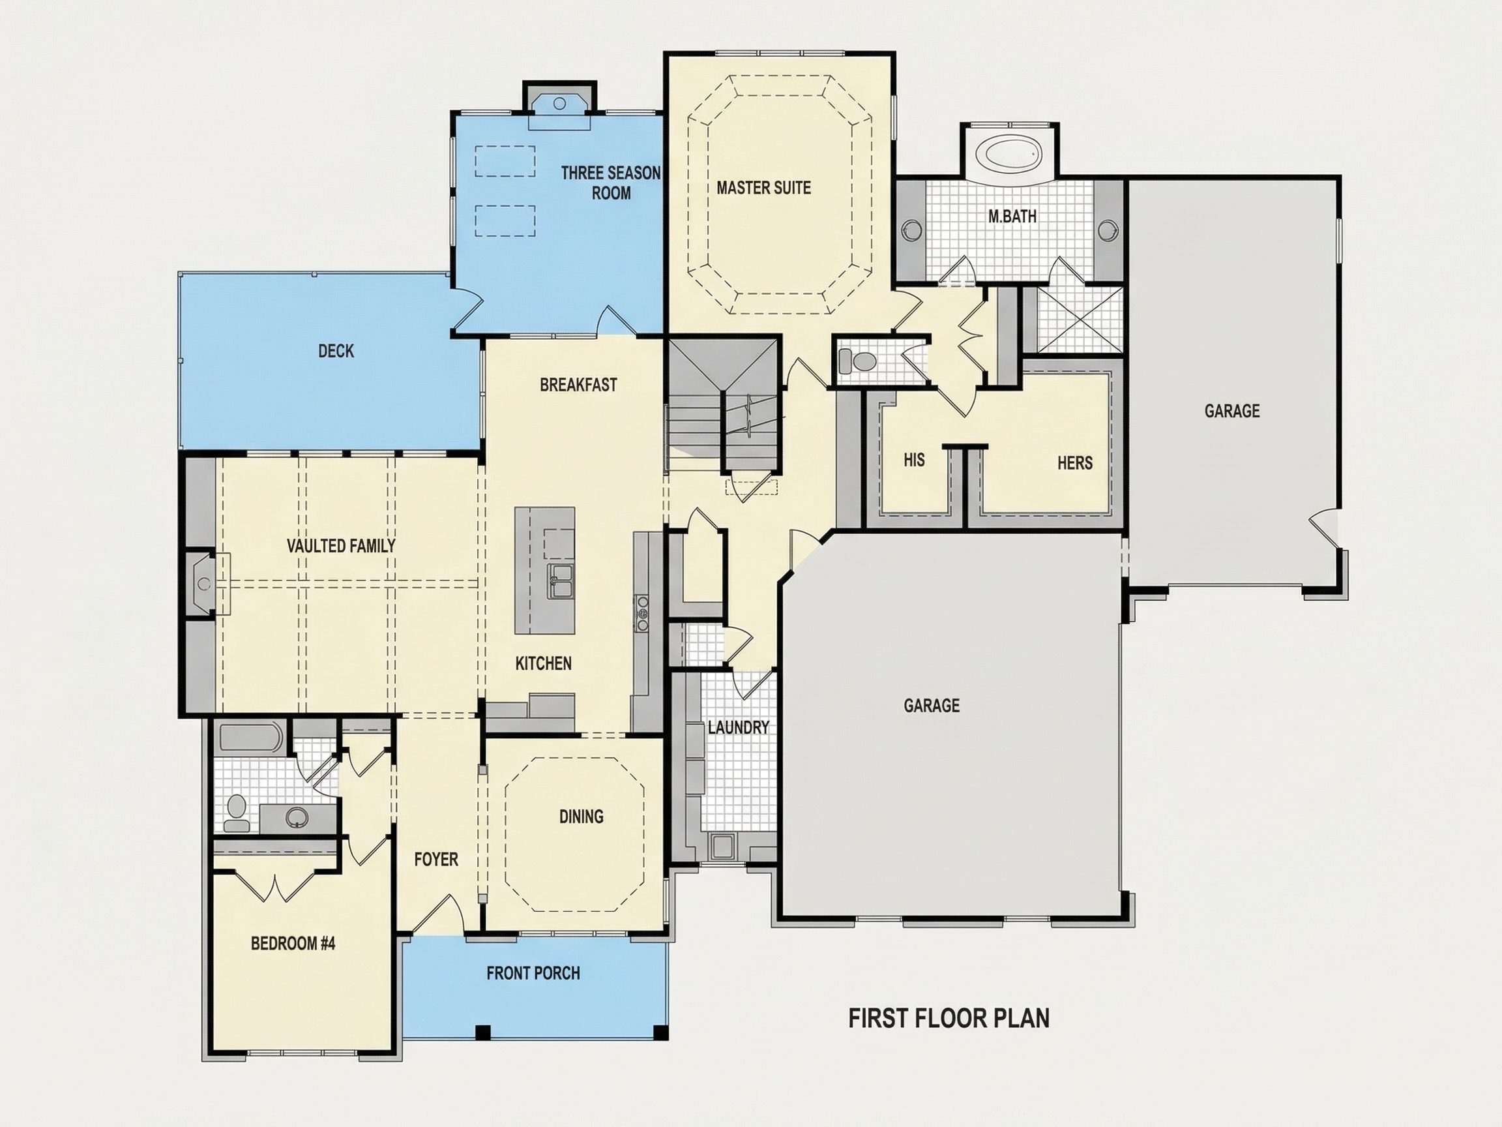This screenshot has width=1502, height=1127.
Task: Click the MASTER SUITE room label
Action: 763,187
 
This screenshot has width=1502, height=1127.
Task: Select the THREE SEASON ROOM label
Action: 610,183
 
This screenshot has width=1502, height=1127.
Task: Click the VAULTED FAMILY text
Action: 341,545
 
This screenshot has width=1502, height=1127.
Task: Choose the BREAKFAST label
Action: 578,385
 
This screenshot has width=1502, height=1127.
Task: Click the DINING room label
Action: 582,816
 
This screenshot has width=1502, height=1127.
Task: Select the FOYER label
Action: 436,860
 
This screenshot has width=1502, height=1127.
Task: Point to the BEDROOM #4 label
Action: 293,943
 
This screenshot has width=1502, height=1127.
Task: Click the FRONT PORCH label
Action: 533,973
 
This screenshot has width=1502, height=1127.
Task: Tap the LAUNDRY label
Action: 738,728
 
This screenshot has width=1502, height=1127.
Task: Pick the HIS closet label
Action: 914,460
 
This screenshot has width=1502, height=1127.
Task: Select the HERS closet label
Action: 1075,462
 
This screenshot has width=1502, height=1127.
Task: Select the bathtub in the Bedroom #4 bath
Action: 250,737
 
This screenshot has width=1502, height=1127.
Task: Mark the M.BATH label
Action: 1012,217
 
